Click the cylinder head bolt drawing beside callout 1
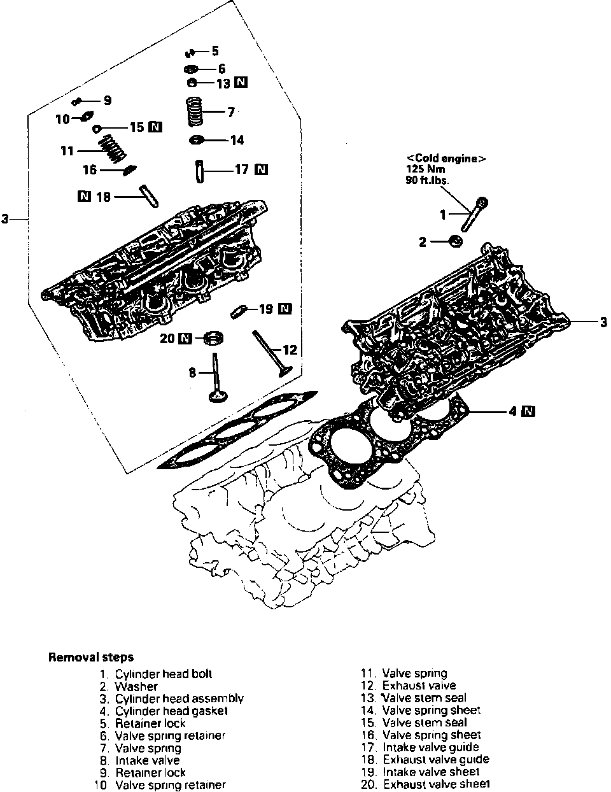(478, 215)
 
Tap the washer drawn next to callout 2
(456, 241)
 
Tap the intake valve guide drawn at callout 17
(200, 171)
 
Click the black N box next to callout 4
(528, 411)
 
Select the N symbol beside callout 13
(241, 82)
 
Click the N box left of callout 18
(83, 196)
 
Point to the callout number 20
(167, 338)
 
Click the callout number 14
(237, 140)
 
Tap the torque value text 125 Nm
(425, 169)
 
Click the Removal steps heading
(90, 658)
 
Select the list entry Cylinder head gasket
(171, 711)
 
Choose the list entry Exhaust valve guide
(435, 759)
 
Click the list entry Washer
(136, 686)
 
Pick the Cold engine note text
(446, 159)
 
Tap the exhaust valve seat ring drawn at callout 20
(214, 337)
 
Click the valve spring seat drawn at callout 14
(198, 140)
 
